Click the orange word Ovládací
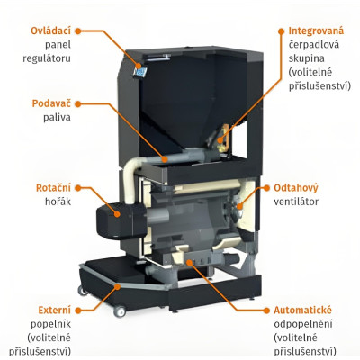tap(50, 31)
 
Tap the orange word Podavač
tap(51, 103)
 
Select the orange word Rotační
tap(53, 188)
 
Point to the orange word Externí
tap(55, 310)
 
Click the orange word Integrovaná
tap(316, 31)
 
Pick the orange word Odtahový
tap(296, 188)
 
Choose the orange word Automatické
tap(302, 310)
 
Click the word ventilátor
tap(296, 202)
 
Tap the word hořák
tap(58, 202)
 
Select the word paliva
tap(57, 117)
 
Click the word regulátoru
tap(47, 58)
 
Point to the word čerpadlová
tap(314, 44)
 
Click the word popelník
tap(51, 324)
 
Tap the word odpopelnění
tap(303, 324)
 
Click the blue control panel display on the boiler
tap(140, 72)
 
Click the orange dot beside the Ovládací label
tap(78, 31)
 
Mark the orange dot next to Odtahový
tap(266, 188)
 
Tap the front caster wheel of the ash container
tap(120, 311)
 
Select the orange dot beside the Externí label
tap(78, 310)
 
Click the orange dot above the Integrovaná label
tap(281, 31)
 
